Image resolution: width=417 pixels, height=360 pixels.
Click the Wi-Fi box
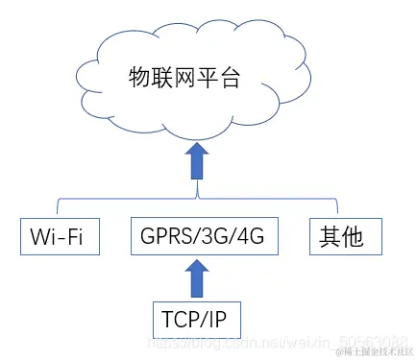(61, 236)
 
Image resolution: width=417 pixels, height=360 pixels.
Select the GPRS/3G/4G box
(199, 236)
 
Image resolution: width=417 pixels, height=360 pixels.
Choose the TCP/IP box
(198, 318)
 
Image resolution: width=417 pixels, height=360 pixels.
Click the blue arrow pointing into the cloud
(198, 160)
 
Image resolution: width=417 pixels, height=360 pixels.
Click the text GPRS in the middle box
(163, 236)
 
